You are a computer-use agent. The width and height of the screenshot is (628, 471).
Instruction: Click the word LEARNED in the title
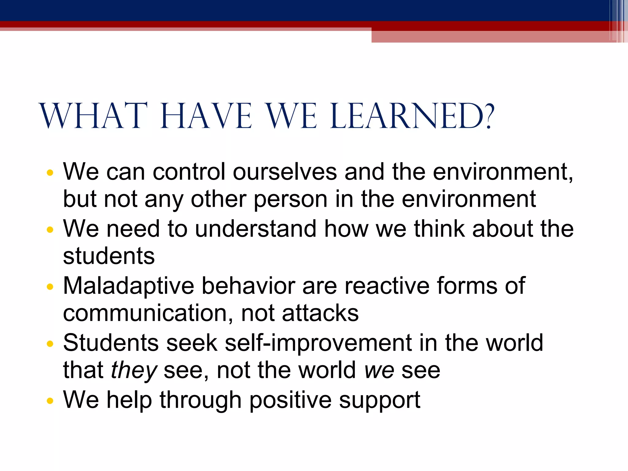click(408, 116)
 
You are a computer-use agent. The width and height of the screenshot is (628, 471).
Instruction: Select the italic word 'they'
click(134, 371)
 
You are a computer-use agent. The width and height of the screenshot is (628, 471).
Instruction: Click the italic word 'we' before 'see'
click(379, 371)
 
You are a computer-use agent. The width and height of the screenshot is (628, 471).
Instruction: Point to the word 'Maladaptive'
click(128, 286)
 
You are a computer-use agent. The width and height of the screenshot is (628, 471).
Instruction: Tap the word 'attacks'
click(320, 313)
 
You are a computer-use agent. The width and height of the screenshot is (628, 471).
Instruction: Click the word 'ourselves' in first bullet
click(285, 172)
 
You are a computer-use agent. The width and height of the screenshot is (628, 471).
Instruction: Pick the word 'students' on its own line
click(109, 256)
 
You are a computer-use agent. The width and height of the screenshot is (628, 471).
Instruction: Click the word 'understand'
click(255, 229)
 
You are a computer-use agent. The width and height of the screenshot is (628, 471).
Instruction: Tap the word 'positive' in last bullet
click(290, 400)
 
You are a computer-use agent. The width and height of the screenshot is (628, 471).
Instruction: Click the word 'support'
click(380, 400)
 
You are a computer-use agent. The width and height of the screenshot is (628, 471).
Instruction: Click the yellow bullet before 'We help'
click(50, 400)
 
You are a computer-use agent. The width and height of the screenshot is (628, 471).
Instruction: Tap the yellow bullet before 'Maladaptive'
click(50, 287)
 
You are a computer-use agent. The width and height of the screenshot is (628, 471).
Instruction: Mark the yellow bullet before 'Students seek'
click(50, 344)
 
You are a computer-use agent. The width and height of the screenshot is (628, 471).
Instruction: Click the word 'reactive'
click(387, 286)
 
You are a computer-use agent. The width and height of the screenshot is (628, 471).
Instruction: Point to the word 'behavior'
click(248, 286)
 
